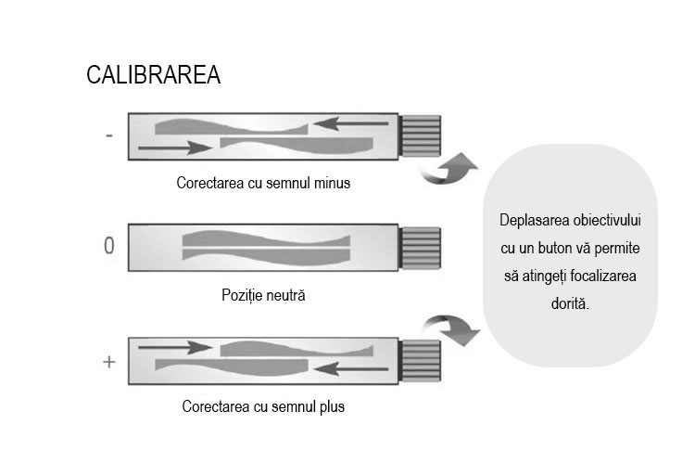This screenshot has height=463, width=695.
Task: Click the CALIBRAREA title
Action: [x=153, y=74]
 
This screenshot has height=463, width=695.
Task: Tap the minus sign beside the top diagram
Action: [x=109, y=135]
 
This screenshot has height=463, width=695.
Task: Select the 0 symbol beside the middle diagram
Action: [x=109, y=245]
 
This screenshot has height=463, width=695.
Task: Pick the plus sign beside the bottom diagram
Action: [x=109, y=362]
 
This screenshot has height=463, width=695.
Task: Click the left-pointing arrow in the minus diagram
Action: [x=350, y=123]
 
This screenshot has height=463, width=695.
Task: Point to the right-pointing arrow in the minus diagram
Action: [x=175, y=148]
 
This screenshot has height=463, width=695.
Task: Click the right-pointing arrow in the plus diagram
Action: [x=175, y=347]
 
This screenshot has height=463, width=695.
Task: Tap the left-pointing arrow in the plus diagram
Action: [x=350, y=368]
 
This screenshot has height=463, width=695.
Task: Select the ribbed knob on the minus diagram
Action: [x=420, y=135]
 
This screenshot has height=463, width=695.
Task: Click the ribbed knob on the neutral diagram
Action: [x=420, y=248]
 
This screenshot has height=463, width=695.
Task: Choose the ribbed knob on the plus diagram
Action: [x=420, y=361]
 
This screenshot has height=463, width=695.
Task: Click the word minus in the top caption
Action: [x=332, y=183]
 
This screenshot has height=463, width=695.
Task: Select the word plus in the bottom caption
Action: [x=332, y=406]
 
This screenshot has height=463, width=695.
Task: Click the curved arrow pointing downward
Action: [x=450, y=329]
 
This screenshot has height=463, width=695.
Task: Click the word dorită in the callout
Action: [x=570, y=303]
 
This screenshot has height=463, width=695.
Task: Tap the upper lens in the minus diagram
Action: [x=232, y=127]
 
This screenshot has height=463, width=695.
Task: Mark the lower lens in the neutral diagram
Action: [x=266, y=257]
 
